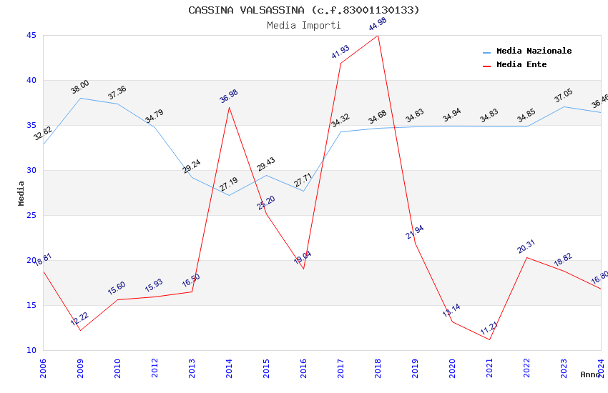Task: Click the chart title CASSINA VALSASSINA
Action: pyautogui.click(x=304, y=10)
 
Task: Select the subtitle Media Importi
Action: pyautogui.click(x=304, y=25)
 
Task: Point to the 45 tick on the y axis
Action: pyautogui.click(x=31, y=35)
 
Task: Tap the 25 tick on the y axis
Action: pyautogui.click(x=31, y=215)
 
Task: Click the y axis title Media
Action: pyautogui.click(x=21, y=193)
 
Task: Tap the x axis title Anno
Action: pyautogui.click(x=590, y=374)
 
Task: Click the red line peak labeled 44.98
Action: pyautogui.click(x=378, y=36)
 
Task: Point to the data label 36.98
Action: pyautogui.click(x=229, y=96)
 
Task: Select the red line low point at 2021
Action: pyautogui.click(x=489, y=339)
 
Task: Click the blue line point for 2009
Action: pyautogui.click(x=80, y=98)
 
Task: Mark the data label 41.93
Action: pyautogui.click(x=340, y=52)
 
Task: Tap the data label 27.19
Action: pyautogui.click(x=229, y=185)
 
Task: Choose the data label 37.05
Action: pyautogui.click(x=564, y=96)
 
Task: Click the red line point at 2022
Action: pyautogui.click(x=526, y=257)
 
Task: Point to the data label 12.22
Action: pyautogui.click(x=80, y=319)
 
